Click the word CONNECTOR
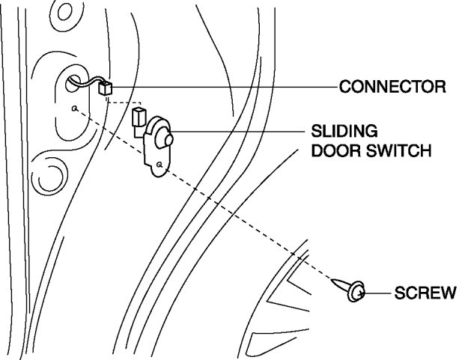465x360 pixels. [x=392, y=87]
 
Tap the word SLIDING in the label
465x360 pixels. [x=344, y=131]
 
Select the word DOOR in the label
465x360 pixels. [x=336, y=150]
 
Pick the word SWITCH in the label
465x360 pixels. [x=399, y=150]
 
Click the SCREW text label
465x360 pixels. [x=425, y=293]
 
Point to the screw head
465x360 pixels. [x=356, y=292]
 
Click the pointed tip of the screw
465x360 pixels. [x=332, y=279]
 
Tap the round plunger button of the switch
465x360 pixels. [x=168, y=140]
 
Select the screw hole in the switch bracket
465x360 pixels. [x=159, y=164]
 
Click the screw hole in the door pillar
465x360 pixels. [x=74, y=109]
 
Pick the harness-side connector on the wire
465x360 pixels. [x=105, y=88]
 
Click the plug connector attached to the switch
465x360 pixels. [x=139, y=118]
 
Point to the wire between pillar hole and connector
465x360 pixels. [x=87, y=82]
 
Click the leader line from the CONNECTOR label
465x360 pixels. [x=225, y=87]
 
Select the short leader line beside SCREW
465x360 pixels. [x=377, y=293]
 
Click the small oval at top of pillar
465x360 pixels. [x=64, y=11]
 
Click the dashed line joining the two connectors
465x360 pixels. [x=124, y=103]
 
